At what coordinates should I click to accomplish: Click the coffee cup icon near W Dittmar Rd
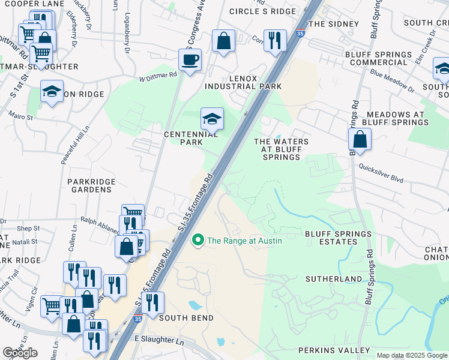point(190,60)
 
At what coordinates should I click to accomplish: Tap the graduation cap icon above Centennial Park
point(212,119)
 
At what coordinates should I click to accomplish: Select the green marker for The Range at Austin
point(197,241)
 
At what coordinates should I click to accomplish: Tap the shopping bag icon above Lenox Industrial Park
point(223,41)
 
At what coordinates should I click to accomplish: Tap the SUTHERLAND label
point(334,279)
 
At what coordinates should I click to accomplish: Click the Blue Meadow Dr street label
point(393,80)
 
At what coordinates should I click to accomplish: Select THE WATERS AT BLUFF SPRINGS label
point(281,149)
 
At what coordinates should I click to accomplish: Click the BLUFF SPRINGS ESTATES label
point(331,238)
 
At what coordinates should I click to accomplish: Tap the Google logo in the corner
point(20,353)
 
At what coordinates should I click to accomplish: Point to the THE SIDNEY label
point(333,24)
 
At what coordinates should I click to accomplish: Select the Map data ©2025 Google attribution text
point(412,355)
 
